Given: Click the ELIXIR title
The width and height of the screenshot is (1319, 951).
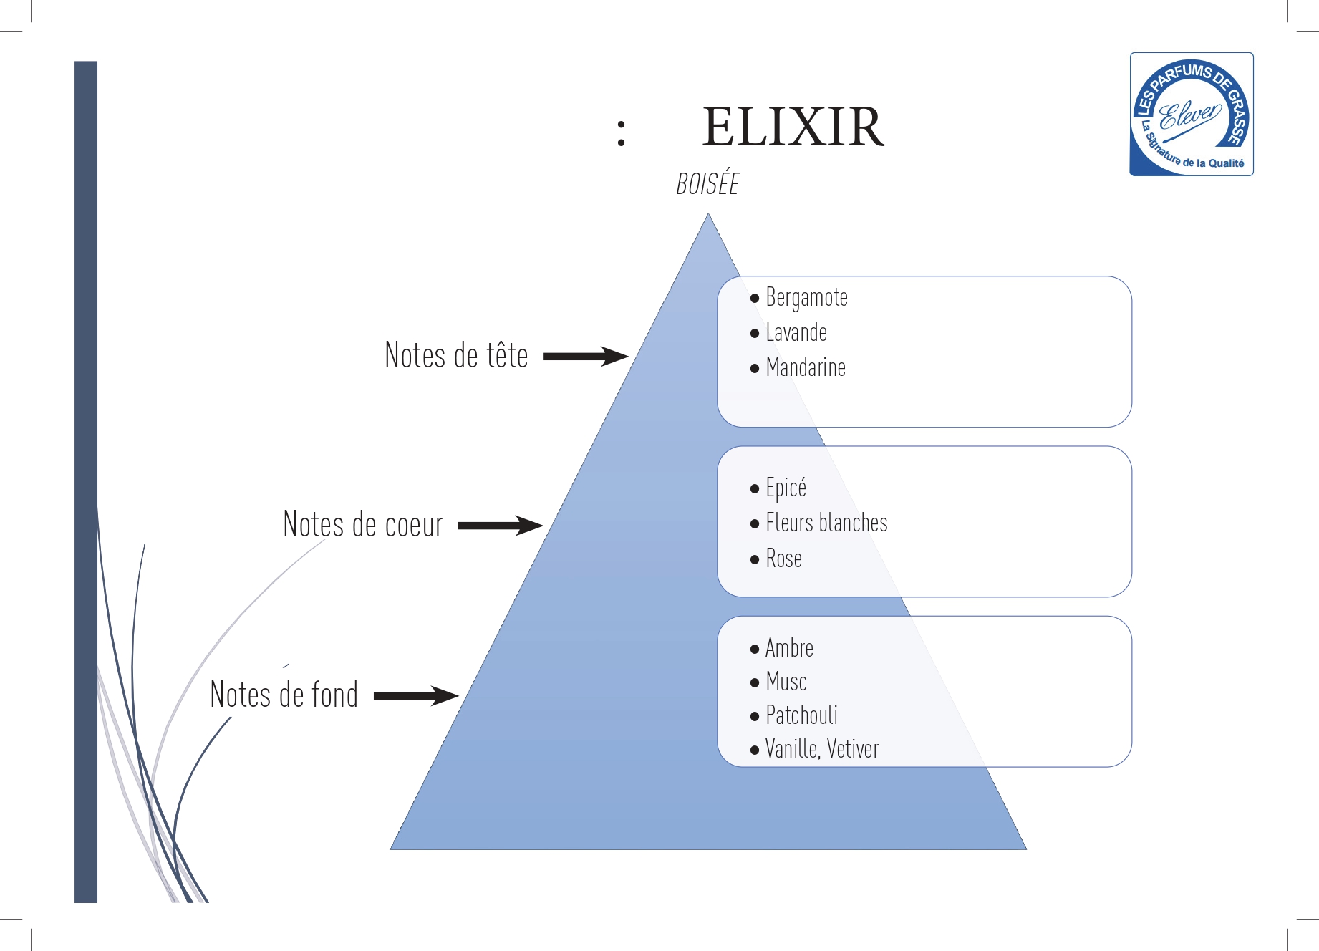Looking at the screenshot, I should (x=793, y=127).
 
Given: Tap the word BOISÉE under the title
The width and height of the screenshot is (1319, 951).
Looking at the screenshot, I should (x=707, y=184).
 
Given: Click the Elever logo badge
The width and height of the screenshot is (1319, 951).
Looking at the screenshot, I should (x=1191, y=115).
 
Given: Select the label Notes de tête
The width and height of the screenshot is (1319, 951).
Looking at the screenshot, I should (x=456, y=356).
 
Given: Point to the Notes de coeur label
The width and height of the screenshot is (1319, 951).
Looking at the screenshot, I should (x=363, y=525).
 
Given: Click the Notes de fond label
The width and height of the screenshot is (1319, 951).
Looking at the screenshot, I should (x=284, y=695).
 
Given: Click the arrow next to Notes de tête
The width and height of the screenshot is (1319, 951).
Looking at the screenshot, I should (x=585, y=356).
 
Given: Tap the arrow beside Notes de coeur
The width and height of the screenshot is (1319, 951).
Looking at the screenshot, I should (x=500, y=526).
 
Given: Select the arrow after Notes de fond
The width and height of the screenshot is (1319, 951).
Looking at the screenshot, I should (x=415, y=695).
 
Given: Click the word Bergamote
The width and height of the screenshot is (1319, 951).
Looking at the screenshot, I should (x=806, y=297).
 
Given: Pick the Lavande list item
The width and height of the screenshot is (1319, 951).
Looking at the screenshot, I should (x=796, y=332).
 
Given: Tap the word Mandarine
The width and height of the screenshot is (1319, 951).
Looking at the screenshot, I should (x=806, y=367).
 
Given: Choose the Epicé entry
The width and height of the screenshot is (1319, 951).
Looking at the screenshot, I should (x=786, y=488).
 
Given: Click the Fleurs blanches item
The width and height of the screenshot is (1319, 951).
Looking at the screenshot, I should (x=826, y=523).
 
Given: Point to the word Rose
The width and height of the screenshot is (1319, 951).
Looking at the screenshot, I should (x=783, y=559).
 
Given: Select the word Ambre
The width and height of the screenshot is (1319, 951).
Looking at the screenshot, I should (x=789, y=648).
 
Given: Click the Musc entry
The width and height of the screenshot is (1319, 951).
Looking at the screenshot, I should (x=786, y=682).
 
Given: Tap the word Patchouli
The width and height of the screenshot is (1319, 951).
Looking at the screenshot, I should (x=801, y=715).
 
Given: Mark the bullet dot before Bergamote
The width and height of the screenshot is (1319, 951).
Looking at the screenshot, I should (x=755, y=299).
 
